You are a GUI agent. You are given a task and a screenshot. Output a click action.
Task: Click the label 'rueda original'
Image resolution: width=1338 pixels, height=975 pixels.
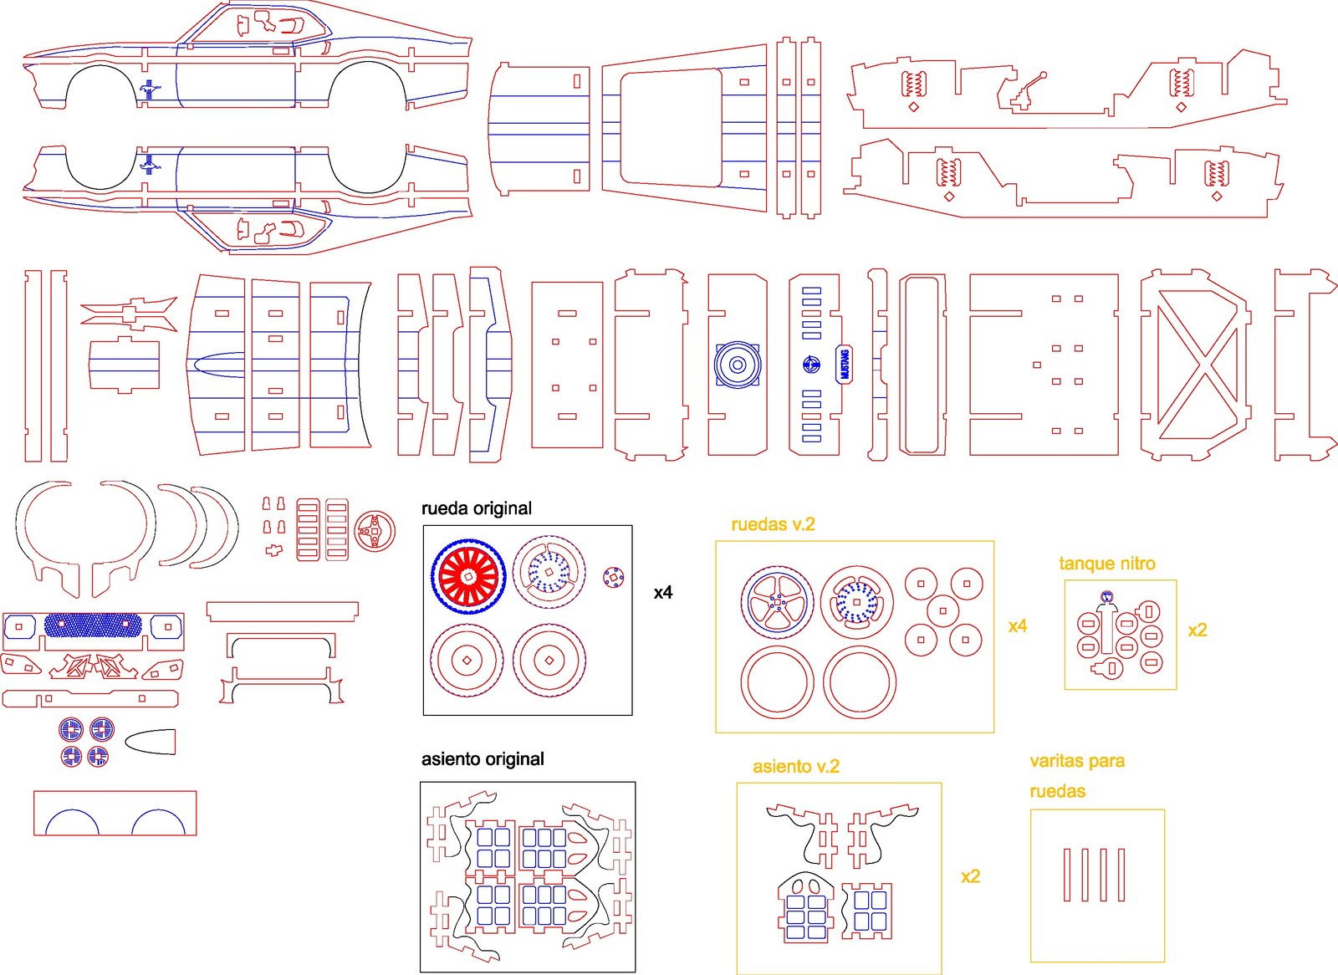[x=476, y=508]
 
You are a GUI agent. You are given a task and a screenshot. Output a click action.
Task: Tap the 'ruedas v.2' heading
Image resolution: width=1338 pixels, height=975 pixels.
[x=773, y=524]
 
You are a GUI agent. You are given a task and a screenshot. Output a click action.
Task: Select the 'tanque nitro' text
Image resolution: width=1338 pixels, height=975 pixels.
[x=1107, y=564]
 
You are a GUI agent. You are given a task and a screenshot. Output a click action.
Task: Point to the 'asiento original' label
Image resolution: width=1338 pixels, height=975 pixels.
[x=483, y=759]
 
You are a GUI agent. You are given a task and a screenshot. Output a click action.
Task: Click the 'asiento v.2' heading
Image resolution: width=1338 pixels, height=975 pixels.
[x=795, y=767]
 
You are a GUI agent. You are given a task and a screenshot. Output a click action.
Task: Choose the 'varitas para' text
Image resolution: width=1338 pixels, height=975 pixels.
[x=1077, y=761]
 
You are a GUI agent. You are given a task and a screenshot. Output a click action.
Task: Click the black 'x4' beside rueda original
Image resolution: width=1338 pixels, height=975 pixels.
[x=663, y=593]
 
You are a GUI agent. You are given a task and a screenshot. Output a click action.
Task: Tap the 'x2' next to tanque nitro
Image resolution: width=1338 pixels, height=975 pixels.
[x=1198, y=630]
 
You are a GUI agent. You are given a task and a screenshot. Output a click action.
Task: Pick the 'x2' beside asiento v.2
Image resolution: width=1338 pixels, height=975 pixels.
[x=970, y=876]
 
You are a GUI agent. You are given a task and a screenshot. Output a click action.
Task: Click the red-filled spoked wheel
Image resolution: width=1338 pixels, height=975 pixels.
[x=468, y=576]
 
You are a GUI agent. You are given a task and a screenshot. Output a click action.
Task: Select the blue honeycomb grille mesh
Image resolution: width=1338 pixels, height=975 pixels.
[x=93, y=625]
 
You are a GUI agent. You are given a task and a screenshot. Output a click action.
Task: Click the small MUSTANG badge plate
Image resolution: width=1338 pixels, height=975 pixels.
[x=844, y=365]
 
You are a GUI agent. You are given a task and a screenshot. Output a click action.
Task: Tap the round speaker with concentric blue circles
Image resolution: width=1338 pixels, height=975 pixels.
[x=737, y=365]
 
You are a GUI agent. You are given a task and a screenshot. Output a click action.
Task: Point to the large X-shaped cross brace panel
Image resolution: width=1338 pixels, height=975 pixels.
[x=1197, y=365]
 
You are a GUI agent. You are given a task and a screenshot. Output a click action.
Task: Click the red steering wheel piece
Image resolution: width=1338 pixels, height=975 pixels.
[x=374, y=531]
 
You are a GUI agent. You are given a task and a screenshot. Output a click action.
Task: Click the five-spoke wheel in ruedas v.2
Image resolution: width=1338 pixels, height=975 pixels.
[x=777, y=602]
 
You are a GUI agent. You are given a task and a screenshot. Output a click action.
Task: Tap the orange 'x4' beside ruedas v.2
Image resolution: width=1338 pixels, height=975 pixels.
[x=1018, y=626]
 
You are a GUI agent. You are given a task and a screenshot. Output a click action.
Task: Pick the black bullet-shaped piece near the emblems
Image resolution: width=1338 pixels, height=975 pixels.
[x=151, y=742]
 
